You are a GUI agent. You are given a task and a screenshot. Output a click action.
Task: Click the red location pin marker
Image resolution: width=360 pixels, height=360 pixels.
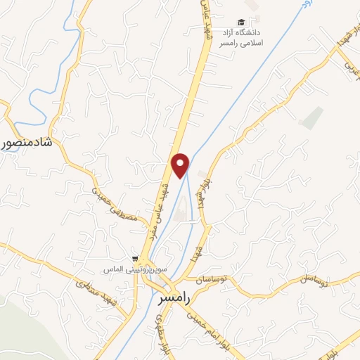[181, 165]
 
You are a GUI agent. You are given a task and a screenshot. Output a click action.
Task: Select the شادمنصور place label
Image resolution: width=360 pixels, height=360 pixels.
[29, 143]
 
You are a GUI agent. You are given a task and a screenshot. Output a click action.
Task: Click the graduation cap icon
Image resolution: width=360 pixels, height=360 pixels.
[241, 22]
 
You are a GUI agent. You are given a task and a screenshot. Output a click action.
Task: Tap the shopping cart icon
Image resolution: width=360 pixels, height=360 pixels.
[134, 259]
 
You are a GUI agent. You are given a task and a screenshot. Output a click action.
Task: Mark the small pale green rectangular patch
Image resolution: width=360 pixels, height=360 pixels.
[311, 117]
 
